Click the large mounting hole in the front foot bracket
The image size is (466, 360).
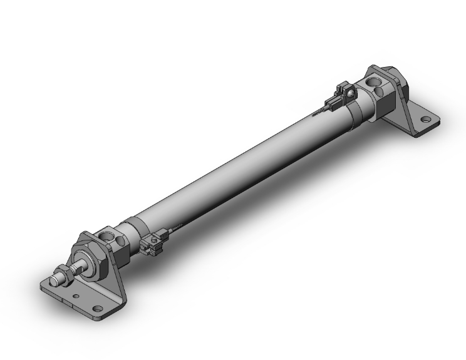98,308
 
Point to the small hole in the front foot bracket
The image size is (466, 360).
76,296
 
